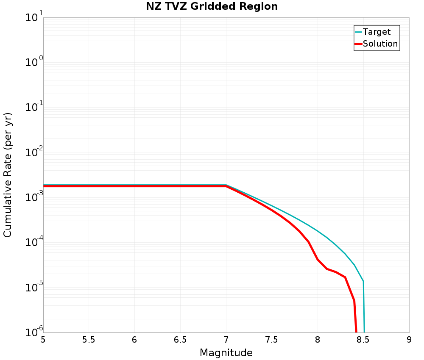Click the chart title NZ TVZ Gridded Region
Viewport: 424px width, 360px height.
pyautogui.click(x=212, y=7)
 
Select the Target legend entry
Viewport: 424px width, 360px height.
pyautogui.click(x=377, y=32)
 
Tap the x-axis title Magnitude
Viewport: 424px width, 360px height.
pyautogui.click(x=226, y=353)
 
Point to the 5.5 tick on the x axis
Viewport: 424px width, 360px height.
pyautogui.click(x=89, y=340)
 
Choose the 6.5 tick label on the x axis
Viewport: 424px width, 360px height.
pyautogui.click(x=180, y=340)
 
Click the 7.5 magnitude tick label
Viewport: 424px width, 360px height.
pyautogui.click(x=271, y=340)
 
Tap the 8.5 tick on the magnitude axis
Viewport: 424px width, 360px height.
pyautogui.click(x=363, y=340)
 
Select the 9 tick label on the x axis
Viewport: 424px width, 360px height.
pyautogui.click(x=409, y=340)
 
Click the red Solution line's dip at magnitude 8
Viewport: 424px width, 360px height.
pyautogui.click(x=318, y=260)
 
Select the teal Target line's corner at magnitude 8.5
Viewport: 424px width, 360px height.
pyautogui.click(x=363, y=281)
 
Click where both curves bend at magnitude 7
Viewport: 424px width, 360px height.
pyautogui.click(x=226, y=186)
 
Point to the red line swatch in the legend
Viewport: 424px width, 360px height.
pyautogui.click(x=358, y=44)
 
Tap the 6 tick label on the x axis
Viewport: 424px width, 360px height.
pyautogui.click(x=134, y=340)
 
